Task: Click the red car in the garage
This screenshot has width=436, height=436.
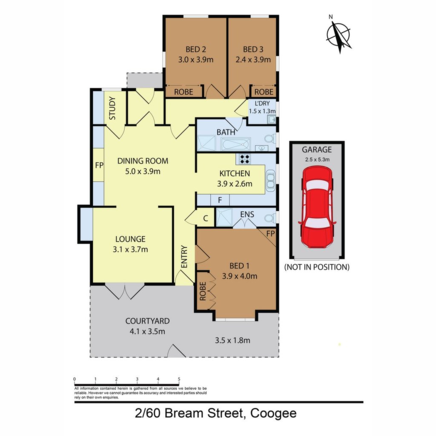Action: [x=317, y=207]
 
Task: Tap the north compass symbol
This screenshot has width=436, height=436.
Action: [x=338, y=35]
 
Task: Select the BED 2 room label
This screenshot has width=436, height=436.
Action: [x=196, y=49]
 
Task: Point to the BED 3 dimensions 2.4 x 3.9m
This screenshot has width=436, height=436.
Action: [x=253, y=60]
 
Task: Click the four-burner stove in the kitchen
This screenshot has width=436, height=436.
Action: [x=245, y=159]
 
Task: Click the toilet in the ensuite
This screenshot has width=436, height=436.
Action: [x=269, y=218]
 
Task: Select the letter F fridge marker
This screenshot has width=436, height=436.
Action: [x=220, y=200]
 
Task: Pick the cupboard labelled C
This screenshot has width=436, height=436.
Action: [x=205, y=218]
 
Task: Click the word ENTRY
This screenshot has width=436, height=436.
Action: [x=184, y=257]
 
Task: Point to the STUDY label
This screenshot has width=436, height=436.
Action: [x=112, y=108]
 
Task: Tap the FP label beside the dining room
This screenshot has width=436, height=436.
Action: [x=99, y=165]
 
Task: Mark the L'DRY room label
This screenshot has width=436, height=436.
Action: [x=262, y=103]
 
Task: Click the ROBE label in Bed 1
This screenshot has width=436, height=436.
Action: [x=203, y=291]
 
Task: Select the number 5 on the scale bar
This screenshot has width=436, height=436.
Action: [x=179, y=379]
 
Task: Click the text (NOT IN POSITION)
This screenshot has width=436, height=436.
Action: [x=317, y=267]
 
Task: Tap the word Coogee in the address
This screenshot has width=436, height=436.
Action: [x=273, y=413]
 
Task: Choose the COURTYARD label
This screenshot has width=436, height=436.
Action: [x=147, y=321]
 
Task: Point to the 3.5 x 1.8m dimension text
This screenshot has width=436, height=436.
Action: [x=232, y=340]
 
